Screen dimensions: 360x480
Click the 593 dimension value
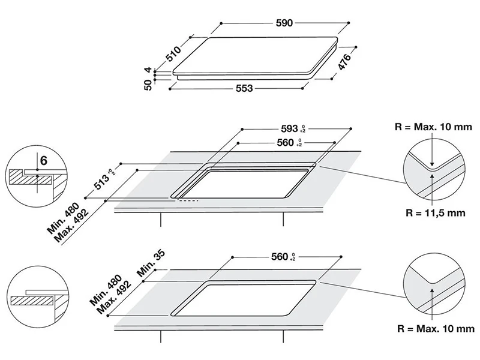pyautogui.click(x=289, y=128)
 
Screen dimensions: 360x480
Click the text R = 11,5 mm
pyautogui.click(x=434, y=212)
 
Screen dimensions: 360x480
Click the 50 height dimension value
pyautogui.click(x=147, y=86)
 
